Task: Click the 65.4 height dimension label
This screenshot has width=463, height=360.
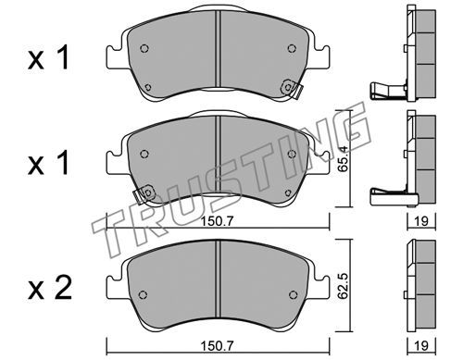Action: coord(343,158)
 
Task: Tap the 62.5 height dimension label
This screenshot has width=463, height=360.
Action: coord(343,285)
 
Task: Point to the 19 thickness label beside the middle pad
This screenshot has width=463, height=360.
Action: coord(421,221)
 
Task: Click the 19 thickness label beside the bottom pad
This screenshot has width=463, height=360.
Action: coord(421,345)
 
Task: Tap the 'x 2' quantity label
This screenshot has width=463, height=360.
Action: coord(49,288)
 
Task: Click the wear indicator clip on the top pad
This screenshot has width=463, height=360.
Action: coord(292,89)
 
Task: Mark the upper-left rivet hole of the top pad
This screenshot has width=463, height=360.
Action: coord(144,48)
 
